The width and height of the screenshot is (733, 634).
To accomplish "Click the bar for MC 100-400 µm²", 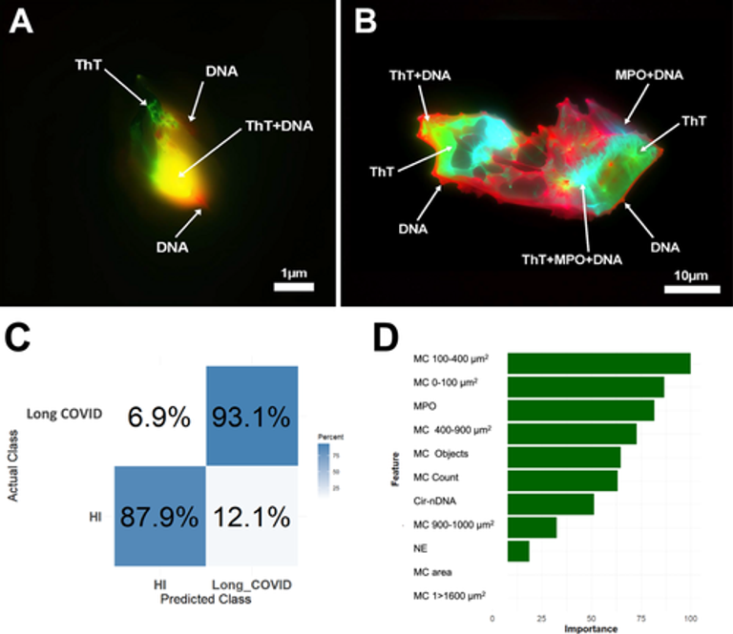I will (598, 363).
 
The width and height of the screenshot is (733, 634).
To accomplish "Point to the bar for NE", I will (518, 550).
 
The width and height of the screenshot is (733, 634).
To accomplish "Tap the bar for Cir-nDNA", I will (551, 503).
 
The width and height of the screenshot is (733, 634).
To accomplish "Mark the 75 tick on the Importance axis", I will (640, 617).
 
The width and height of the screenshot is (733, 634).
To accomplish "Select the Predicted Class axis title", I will (206, 601).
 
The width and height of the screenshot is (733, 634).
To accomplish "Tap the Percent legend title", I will (331, 437).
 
